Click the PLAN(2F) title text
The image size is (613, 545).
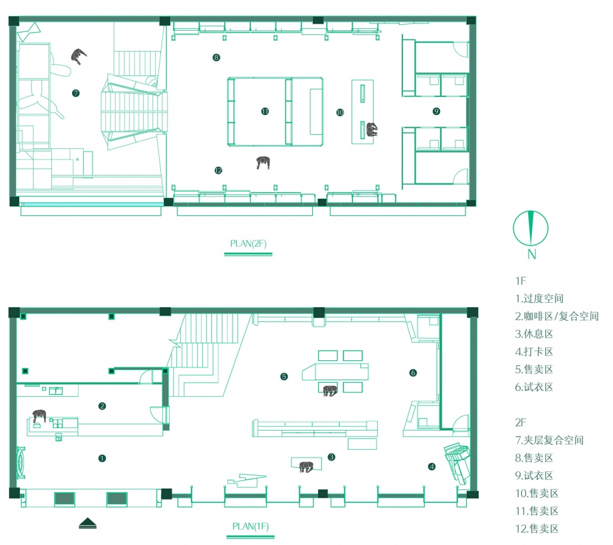pos(248,243)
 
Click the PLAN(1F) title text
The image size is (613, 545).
pos(250,526)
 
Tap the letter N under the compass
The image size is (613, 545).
pos(531,254)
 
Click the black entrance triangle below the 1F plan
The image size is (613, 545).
pos(87,523)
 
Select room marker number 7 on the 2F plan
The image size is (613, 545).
pos(76,93)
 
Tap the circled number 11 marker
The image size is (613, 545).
pos(265,112)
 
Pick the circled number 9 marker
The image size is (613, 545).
pos(436,111)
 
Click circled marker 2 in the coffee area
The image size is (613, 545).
pos(102,406)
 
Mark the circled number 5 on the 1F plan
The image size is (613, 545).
pos(284,376)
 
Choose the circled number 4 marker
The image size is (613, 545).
pos(432,466)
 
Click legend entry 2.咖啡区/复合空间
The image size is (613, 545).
pos(557,316)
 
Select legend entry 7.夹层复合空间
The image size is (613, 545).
pos(549,440)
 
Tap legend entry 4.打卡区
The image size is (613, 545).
pos(534,351)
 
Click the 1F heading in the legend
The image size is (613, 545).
pos(521,281)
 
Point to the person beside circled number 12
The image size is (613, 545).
pos(264,162)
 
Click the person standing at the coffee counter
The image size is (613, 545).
pos(39,416)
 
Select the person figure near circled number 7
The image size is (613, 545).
pos(79,56)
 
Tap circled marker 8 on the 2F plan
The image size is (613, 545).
pos(216,58)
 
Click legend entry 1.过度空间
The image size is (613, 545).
pos(539,298)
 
